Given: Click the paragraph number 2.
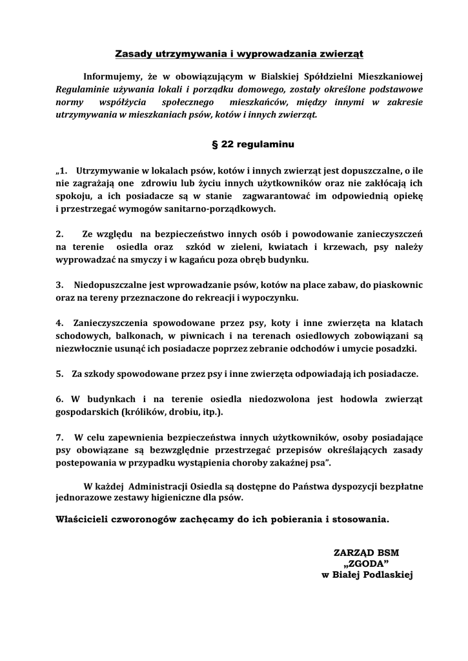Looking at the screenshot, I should (x=59, y=233).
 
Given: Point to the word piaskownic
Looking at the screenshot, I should (x=396, y=284).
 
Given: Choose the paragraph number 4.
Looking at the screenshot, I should (x=59, y=321).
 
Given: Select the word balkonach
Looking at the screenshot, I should (x=141, y=335).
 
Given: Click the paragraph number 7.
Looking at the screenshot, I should (x=59, y=436).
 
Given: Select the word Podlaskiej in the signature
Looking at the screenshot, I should (x=387, y=575).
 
